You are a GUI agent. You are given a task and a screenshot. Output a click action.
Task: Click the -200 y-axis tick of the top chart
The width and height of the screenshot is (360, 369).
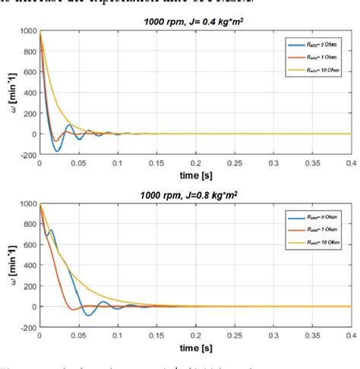(x=27, y=154)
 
